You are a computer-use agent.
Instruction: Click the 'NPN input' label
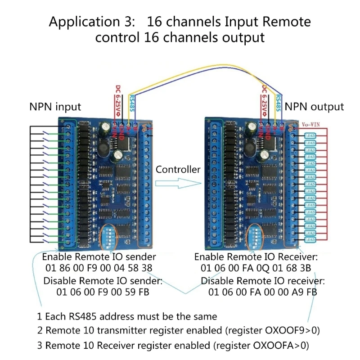coord(55,107)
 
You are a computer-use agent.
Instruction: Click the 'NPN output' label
coord(314,107)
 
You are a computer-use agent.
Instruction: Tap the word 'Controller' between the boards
coord(178,170)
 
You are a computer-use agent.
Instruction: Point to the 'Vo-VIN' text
coord(310,123)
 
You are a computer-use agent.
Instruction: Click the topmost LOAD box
coord(310,135)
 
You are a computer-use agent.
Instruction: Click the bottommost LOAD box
coord(310,239)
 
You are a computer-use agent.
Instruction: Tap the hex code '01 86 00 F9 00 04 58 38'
coord(99,269)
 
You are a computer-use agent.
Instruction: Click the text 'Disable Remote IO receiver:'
coord(262,281)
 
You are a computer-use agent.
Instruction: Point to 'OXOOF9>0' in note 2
coord(286,330)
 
